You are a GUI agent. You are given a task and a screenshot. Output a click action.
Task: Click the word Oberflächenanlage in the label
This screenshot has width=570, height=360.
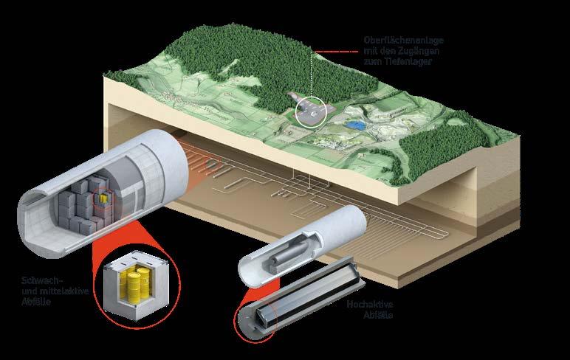click(404, 41)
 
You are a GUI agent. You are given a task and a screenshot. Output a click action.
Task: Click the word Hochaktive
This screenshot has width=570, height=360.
click(370, 305)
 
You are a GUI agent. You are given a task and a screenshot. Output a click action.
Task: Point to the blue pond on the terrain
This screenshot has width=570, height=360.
click(355, 125)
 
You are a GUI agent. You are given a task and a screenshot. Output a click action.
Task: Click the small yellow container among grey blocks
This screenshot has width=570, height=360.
click(103, 198)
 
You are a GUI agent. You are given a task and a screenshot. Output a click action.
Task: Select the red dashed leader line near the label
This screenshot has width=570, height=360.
click(336, 52)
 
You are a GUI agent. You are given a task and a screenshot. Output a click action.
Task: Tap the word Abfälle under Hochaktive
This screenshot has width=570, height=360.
click(378, 315)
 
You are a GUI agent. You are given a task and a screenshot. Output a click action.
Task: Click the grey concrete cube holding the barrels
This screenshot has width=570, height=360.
click(135, 285)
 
